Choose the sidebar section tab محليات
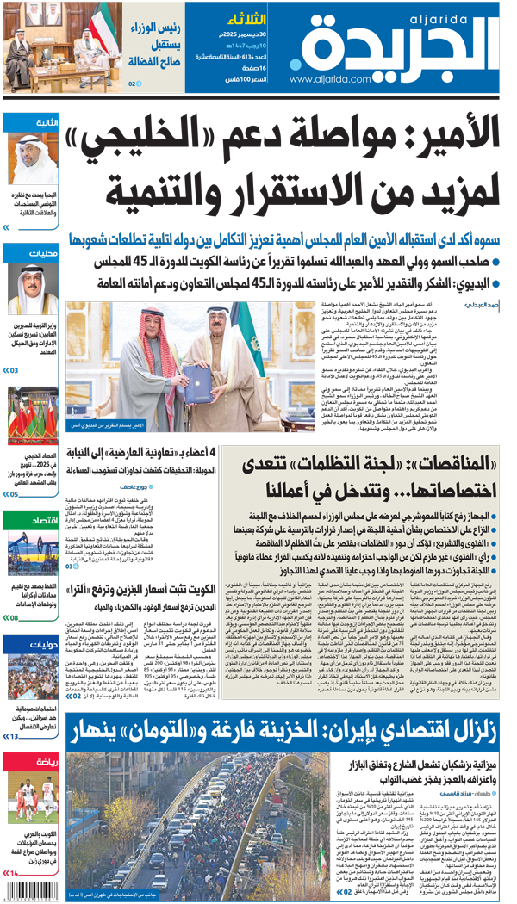(44, 253)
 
